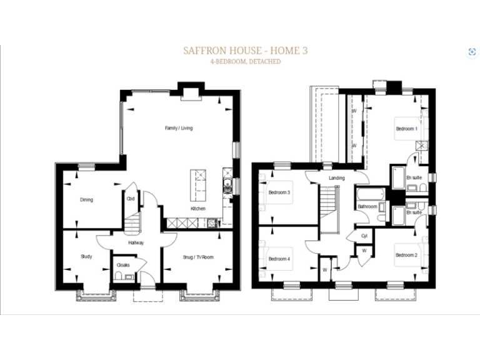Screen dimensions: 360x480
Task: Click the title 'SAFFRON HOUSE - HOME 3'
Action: tap(246, 50)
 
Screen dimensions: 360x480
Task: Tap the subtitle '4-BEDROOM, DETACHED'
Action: tap(246, 62)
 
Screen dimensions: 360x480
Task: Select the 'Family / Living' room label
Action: tap(179, 128)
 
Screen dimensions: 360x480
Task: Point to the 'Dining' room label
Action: tap(86, 200)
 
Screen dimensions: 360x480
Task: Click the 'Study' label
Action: tap(86, 256)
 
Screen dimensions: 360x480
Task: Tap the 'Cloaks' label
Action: tap(122, 265)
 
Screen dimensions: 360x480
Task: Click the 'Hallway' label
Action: tap(136, 242)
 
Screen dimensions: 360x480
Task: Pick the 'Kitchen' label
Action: tap(198, 208)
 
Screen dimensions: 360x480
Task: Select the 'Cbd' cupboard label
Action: tap(131, 199)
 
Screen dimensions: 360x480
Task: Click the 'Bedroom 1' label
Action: tap(406, 129)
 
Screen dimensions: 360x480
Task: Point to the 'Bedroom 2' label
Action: tap(406, 255)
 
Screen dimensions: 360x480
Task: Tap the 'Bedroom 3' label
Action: tap(279, 192)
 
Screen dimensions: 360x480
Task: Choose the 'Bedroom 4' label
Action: tap(279, 259)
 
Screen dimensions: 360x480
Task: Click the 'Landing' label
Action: tap(336, 178)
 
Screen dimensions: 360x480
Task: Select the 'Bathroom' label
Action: tap(367, 206)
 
